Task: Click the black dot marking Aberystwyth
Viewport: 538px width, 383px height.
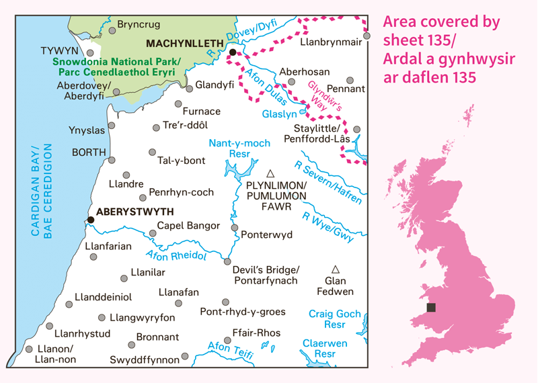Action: coord(90,219)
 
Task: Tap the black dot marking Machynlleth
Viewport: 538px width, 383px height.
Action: coord(233,52)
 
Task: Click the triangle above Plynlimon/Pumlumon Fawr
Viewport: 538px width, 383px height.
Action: coord(271,173)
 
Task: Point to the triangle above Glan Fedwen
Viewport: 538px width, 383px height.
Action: coord(336,269)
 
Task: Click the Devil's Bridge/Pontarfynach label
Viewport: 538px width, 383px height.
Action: coord(265,275)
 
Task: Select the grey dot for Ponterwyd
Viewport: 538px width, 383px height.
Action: coord(235,228)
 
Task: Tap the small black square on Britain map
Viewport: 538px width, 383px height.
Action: coord(431,308)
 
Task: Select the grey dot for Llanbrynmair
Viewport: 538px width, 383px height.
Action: coord(367,36)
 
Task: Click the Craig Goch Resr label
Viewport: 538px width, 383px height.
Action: coord(335,319)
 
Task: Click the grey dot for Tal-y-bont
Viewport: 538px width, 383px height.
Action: coord(153,152)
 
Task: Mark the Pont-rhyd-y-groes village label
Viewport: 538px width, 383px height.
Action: coord(243,312)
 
